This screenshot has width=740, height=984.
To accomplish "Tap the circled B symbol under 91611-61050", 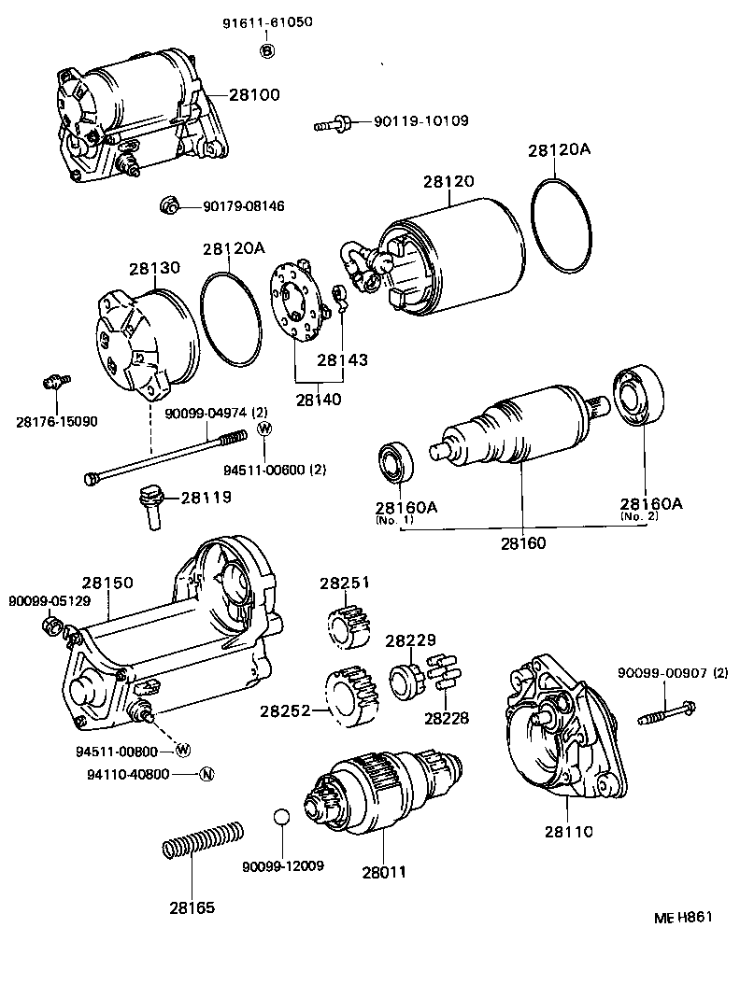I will point(267,50).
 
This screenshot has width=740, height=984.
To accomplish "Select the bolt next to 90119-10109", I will point(332,122).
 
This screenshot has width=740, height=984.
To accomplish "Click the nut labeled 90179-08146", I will point(168,205).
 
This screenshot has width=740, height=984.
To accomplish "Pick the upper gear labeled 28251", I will point(345,624).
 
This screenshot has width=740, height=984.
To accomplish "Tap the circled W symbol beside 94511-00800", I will point(182,750).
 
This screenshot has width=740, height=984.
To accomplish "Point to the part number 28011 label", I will point(385,873).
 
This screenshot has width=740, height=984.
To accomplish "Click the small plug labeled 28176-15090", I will point(55,382).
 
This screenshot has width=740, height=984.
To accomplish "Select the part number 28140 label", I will point(319,400).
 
